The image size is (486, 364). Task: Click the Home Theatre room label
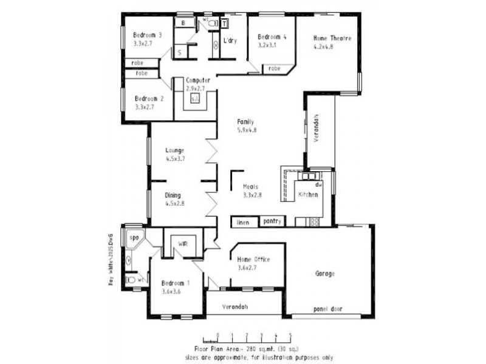332,38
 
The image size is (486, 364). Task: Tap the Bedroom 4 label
272,37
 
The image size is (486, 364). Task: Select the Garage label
324,274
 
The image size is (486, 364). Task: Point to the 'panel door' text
327,309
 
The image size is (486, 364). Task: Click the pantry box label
272,222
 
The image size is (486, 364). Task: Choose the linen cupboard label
243,223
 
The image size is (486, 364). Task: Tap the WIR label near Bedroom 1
182,243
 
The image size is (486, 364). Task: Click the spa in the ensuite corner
134,237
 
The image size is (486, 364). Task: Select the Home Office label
253,260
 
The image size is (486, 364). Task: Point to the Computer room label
198,80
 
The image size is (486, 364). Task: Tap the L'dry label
230,41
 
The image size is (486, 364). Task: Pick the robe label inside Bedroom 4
275,69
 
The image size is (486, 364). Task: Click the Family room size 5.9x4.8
246,130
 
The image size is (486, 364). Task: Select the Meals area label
252,187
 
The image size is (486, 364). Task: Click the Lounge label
174,150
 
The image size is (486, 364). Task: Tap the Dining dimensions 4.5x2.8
174,204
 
